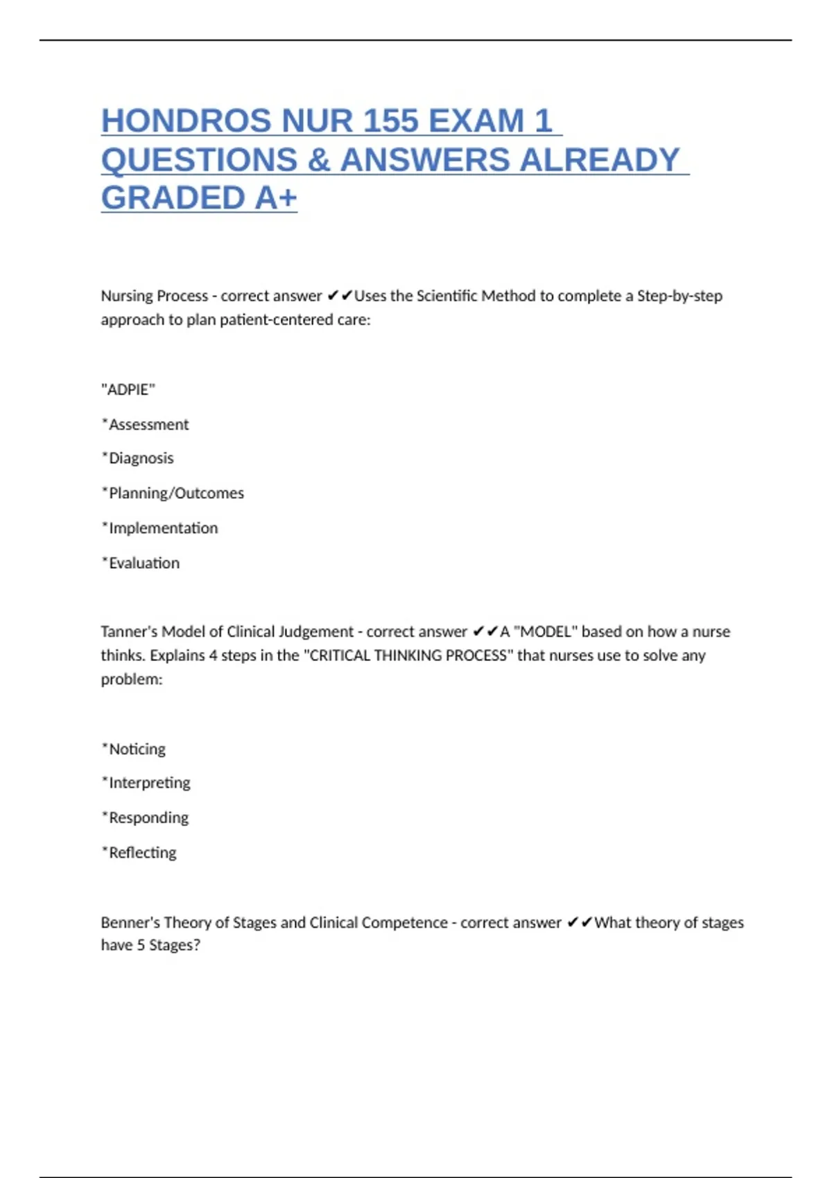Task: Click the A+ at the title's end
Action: click(276, 198)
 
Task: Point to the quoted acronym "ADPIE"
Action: click(128, 389)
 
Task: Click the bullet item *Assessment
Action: click(145, 424)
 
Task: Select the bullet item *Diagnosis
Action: click(137, 458)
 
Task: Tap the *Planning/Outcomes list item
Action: click(173, 493)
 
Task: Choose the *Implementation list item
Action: click(159, 528)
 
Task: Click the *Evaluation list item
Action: click(141, 563)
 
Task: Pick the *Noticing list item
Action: click(134, 749)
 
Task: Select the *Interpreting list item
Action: click(146, 783)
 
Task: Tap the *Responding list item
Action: click(145, 818)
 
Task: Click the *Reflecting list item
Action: click(139, 852)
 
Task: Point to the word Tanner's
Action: click(129, 631)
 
